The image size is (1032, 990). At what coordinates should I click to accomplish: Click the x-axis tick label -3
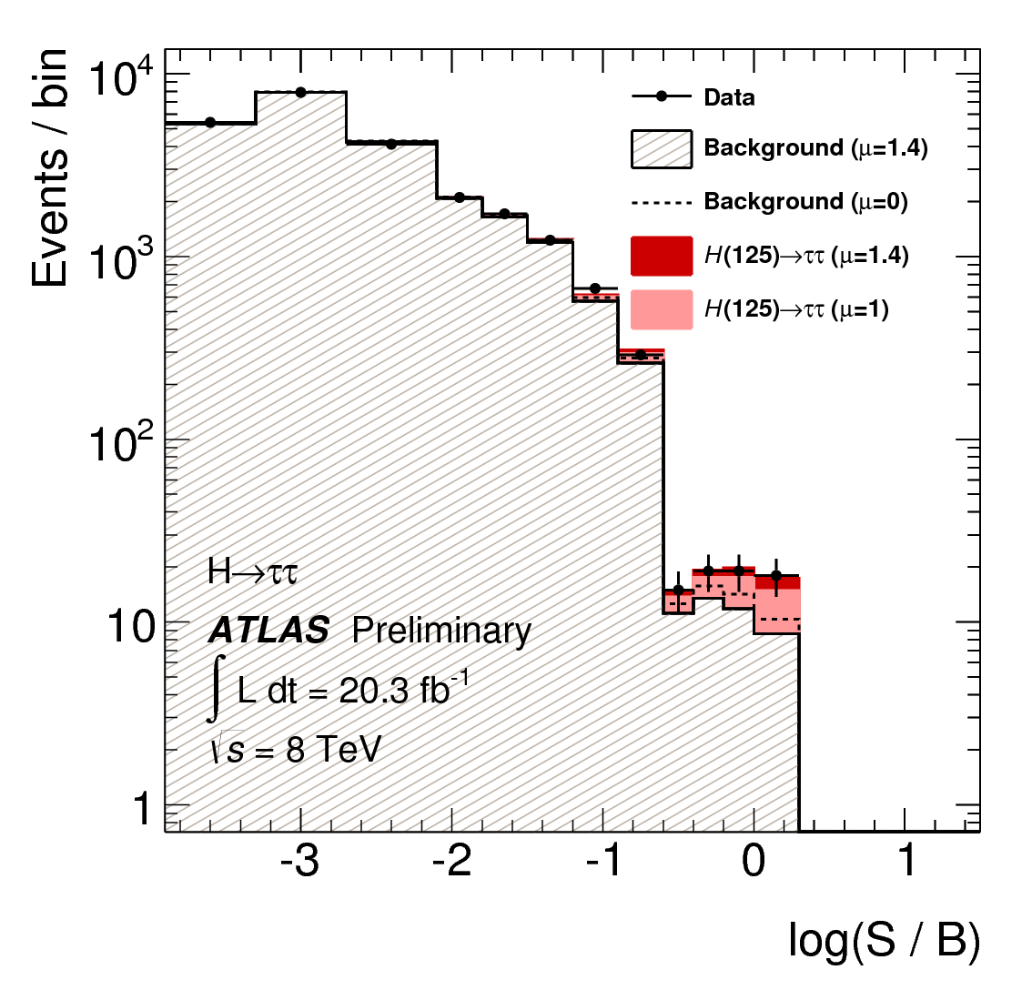point(299,861)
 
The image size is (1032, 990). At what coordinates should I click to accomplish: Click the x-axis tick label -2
point(451,861)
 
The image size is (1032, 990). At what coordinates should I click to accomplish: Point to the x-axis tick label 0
point(754,861)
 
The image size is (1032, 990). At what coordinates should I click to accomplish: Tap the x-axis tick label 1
point(906,861)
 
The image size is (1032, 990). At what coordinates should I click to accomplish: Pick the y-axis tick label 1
point(143,808)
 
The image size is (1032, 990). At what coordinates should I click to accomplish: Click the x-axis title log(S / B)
point(884,943)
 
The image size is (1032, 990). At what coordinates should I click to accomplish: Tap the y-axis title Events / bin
point(50,168)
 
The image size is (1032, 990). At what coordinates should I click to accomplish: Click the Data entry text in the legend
point(729,97)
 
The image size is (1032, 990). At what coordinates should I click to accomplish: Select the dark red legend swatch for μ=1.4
point(662,256)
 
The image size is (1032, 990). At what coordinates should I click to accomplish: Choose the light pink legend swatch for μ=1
point(662,309)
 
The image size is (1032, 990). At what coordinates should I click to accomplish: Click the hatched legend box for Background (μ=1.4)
point(662,148)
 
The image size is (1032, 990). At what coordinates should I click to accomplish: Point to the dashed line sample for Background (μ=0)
point(662,202)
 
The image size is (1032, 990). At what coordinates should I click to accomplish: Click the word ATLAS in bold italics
point(268,630)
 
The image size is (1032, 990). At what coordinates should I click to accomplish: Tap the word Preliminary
point(441,630)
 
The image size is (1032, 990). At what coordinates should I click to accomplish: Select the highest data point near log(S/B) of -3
point(300,92)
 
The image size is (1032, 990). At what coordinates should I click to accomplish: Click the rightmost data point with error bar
point(776,575)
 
